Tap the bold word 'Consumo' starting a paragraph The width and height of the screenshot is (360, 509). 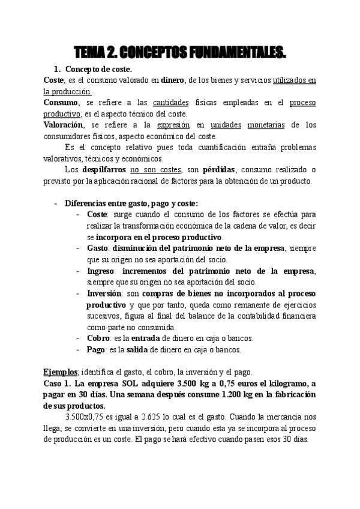pyautogui.click(x=60, y=103)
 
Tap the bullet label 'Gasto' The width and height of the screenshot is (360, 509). pyautogui.click(x=97, y=248)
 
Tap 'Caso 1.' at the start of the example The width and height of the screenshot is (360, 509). pyautogui.click(x=59, y=383)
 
